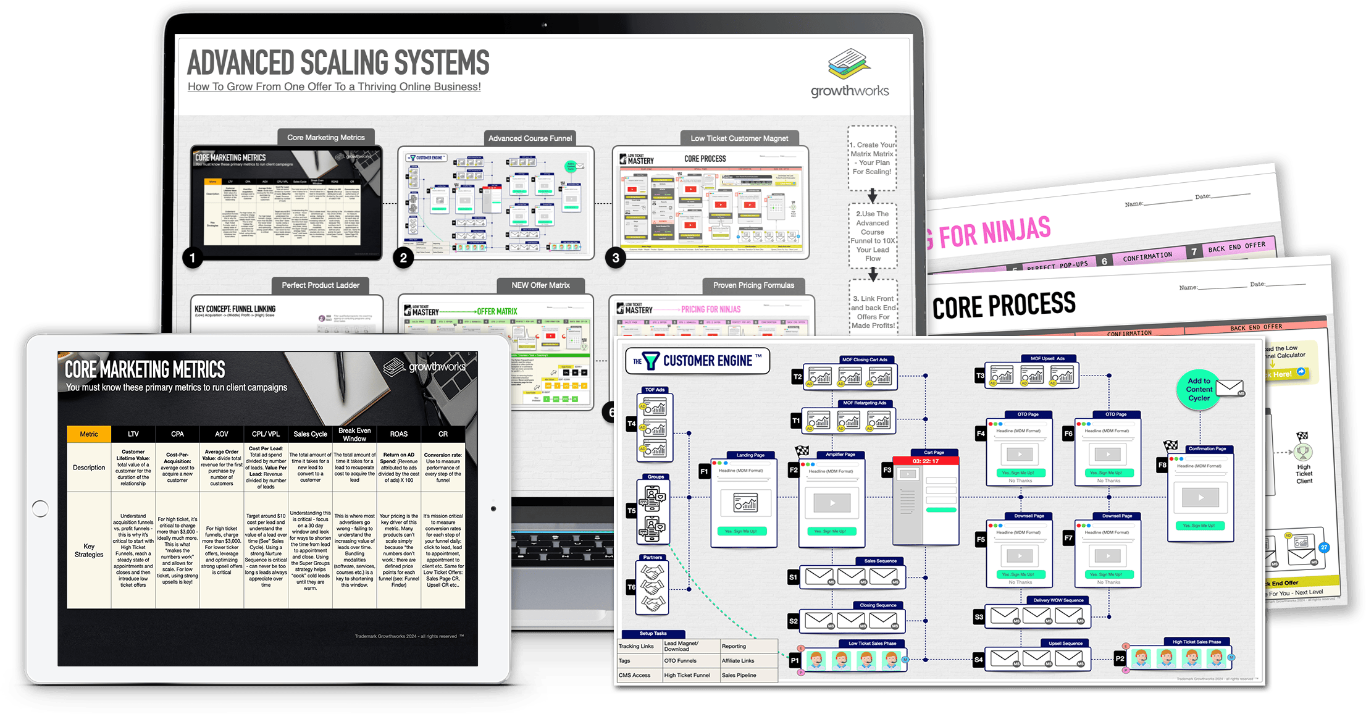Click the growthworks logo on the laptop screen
[x=850, y=74]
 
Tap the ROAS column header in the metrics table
[x=399, y=434]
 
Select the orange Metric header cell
[x=89, y=434]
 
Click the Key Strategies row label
[x=89, y=550]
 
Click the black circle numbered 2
[x=403, y=258]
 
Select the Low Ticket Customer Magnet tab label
[x=739, y=138]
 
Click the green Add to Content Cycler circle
[x=1199, y=390]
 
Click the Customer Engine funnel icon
[x=651, y=361]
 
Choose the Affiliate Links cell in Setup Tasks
[x=739, y=661]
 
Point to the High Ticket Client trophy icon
[x=1304, y=453]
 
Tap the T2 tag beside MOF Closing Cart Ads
[x=797, y=377]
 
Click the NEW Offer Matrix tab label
[x=540, y=285]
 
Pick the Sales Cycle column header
[x=310, y=434]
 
